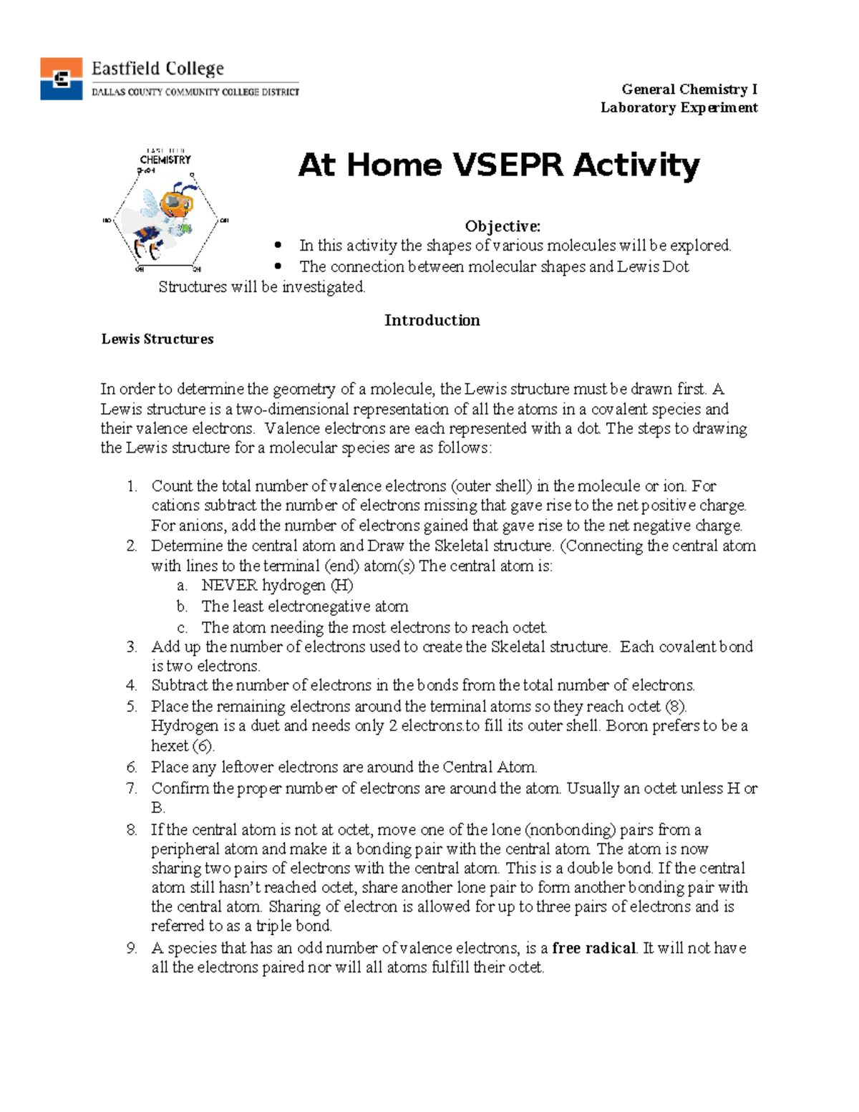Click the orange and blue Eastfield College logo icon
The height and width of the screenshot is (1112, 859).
point(61,78)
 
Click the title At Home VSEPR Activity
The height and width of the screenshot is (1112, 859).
point(498,165)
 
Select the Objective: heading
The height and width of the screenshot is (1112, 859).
point(503,226)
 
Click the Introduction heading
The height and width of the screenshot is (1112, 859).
point(432,320)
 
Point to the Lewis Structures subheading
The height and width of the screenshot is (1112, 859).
point(157,339)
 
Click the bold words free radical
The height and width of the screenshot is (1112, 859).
point(593,948)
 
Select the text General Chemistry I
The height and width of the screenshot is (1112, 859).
point(689,90)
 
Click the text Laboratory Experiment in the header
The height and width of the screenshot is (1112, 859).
point(679,108)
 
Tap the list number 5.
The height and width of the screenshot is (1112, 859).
point(132,707)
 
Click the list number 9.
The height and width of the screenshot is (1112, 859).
point(132,949)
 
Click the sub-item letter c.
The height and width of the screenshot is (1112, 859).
point(183,628)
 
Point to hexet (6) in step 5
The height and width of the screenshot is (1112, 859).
point(183,745)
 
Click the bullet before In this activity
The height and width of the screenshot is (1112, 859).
point(278,246)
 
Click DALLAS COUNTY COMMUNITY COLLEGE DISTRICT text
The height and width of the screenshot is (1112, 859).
point(195,92)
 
